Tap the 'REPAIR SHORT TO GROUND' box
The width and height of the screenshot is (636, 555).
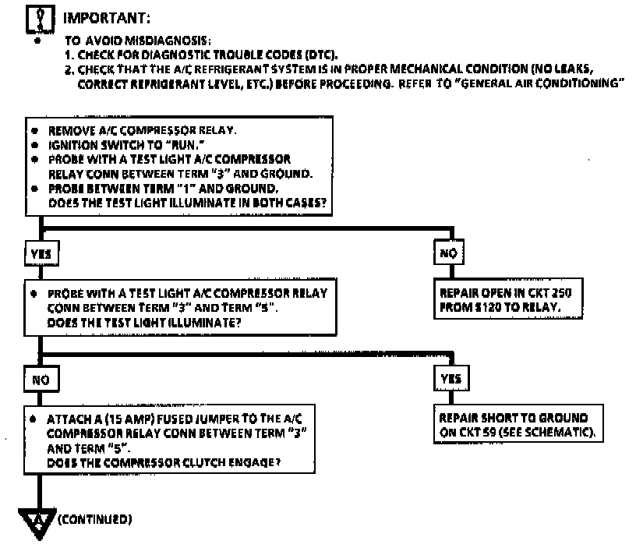518,426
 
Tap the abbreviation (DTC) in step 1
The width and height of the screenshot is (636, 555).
321,55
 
